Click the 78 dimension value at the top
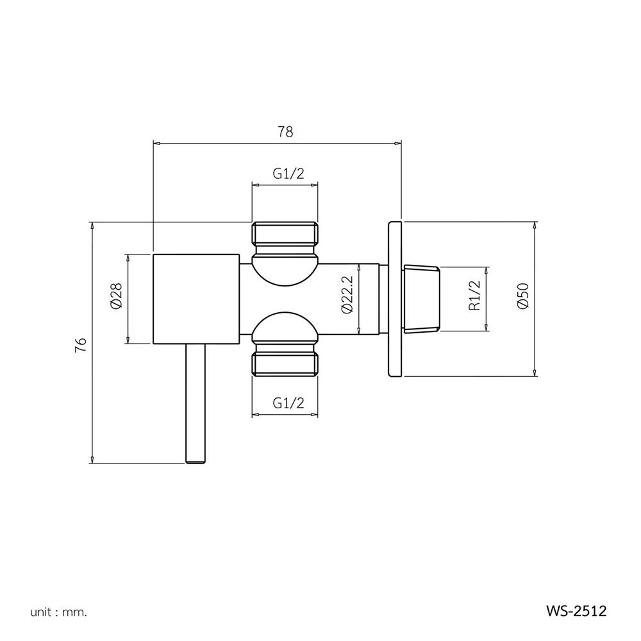click(285, 132)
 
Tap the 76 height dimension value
click(80, 344)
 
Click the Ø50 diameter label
click(522, 296)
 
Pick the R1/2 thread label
click(474, 296)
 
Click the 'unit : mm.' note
click(58, 612)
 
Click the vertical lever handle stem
click(196, 401)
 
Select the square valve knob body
click(196, 299)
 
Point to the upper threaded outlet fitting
click(285, 235)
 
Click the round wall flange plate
click(395, 299)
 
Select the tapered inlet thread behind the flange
click(422, 299)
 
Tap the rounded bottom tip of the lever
click(196, 460)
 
